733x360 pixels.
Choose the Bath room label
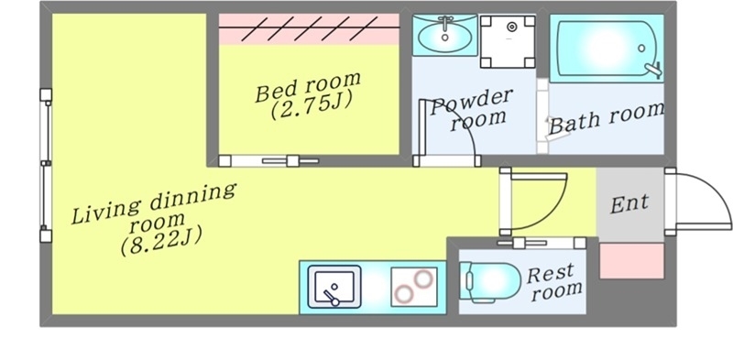606,118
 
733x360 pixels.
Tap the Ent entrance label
629,202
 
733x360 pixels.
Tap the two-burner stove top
415,287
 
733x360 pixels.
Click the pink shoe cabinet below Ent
631,260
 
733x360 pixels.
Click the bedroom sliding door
275,161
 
